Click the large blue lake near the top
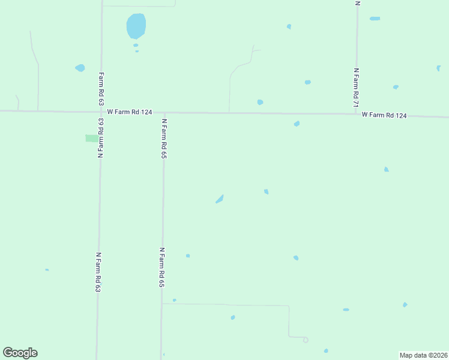pos(136,26)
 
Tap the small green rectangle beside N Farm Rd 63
pos(92,139)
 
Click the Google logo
pos(20,353)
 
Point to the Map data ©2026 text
pos(423,355)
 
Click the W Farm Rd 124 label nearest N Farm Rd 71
pos(384,115)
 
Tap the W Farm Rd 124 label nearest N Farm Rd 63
pos(130,112)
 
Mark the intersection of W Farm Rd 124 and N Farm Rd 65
pos(164,112)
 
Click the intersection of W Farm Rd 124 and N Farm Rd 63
pos(101,112)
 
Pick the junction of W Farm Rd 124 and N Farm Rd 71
pos(357,113)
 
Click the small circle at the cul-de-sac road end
pos(306,340)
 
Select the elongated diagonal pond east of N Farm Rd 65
pos(220,199)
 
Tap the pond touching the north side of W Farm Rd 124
pos(260,102)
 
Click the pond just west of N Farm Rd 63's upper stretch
pos(80,68)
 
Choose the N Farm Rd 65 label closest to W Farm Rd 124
pos(163,138)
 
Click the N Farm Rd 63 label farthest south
pos(98,272)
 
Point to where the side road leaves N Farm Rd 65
pos(162,304)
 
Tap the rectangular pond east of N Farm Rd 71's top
pos(375,19)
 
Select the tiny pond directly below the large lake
pos(136,45)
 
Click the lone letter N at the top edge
pos(357,3)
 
